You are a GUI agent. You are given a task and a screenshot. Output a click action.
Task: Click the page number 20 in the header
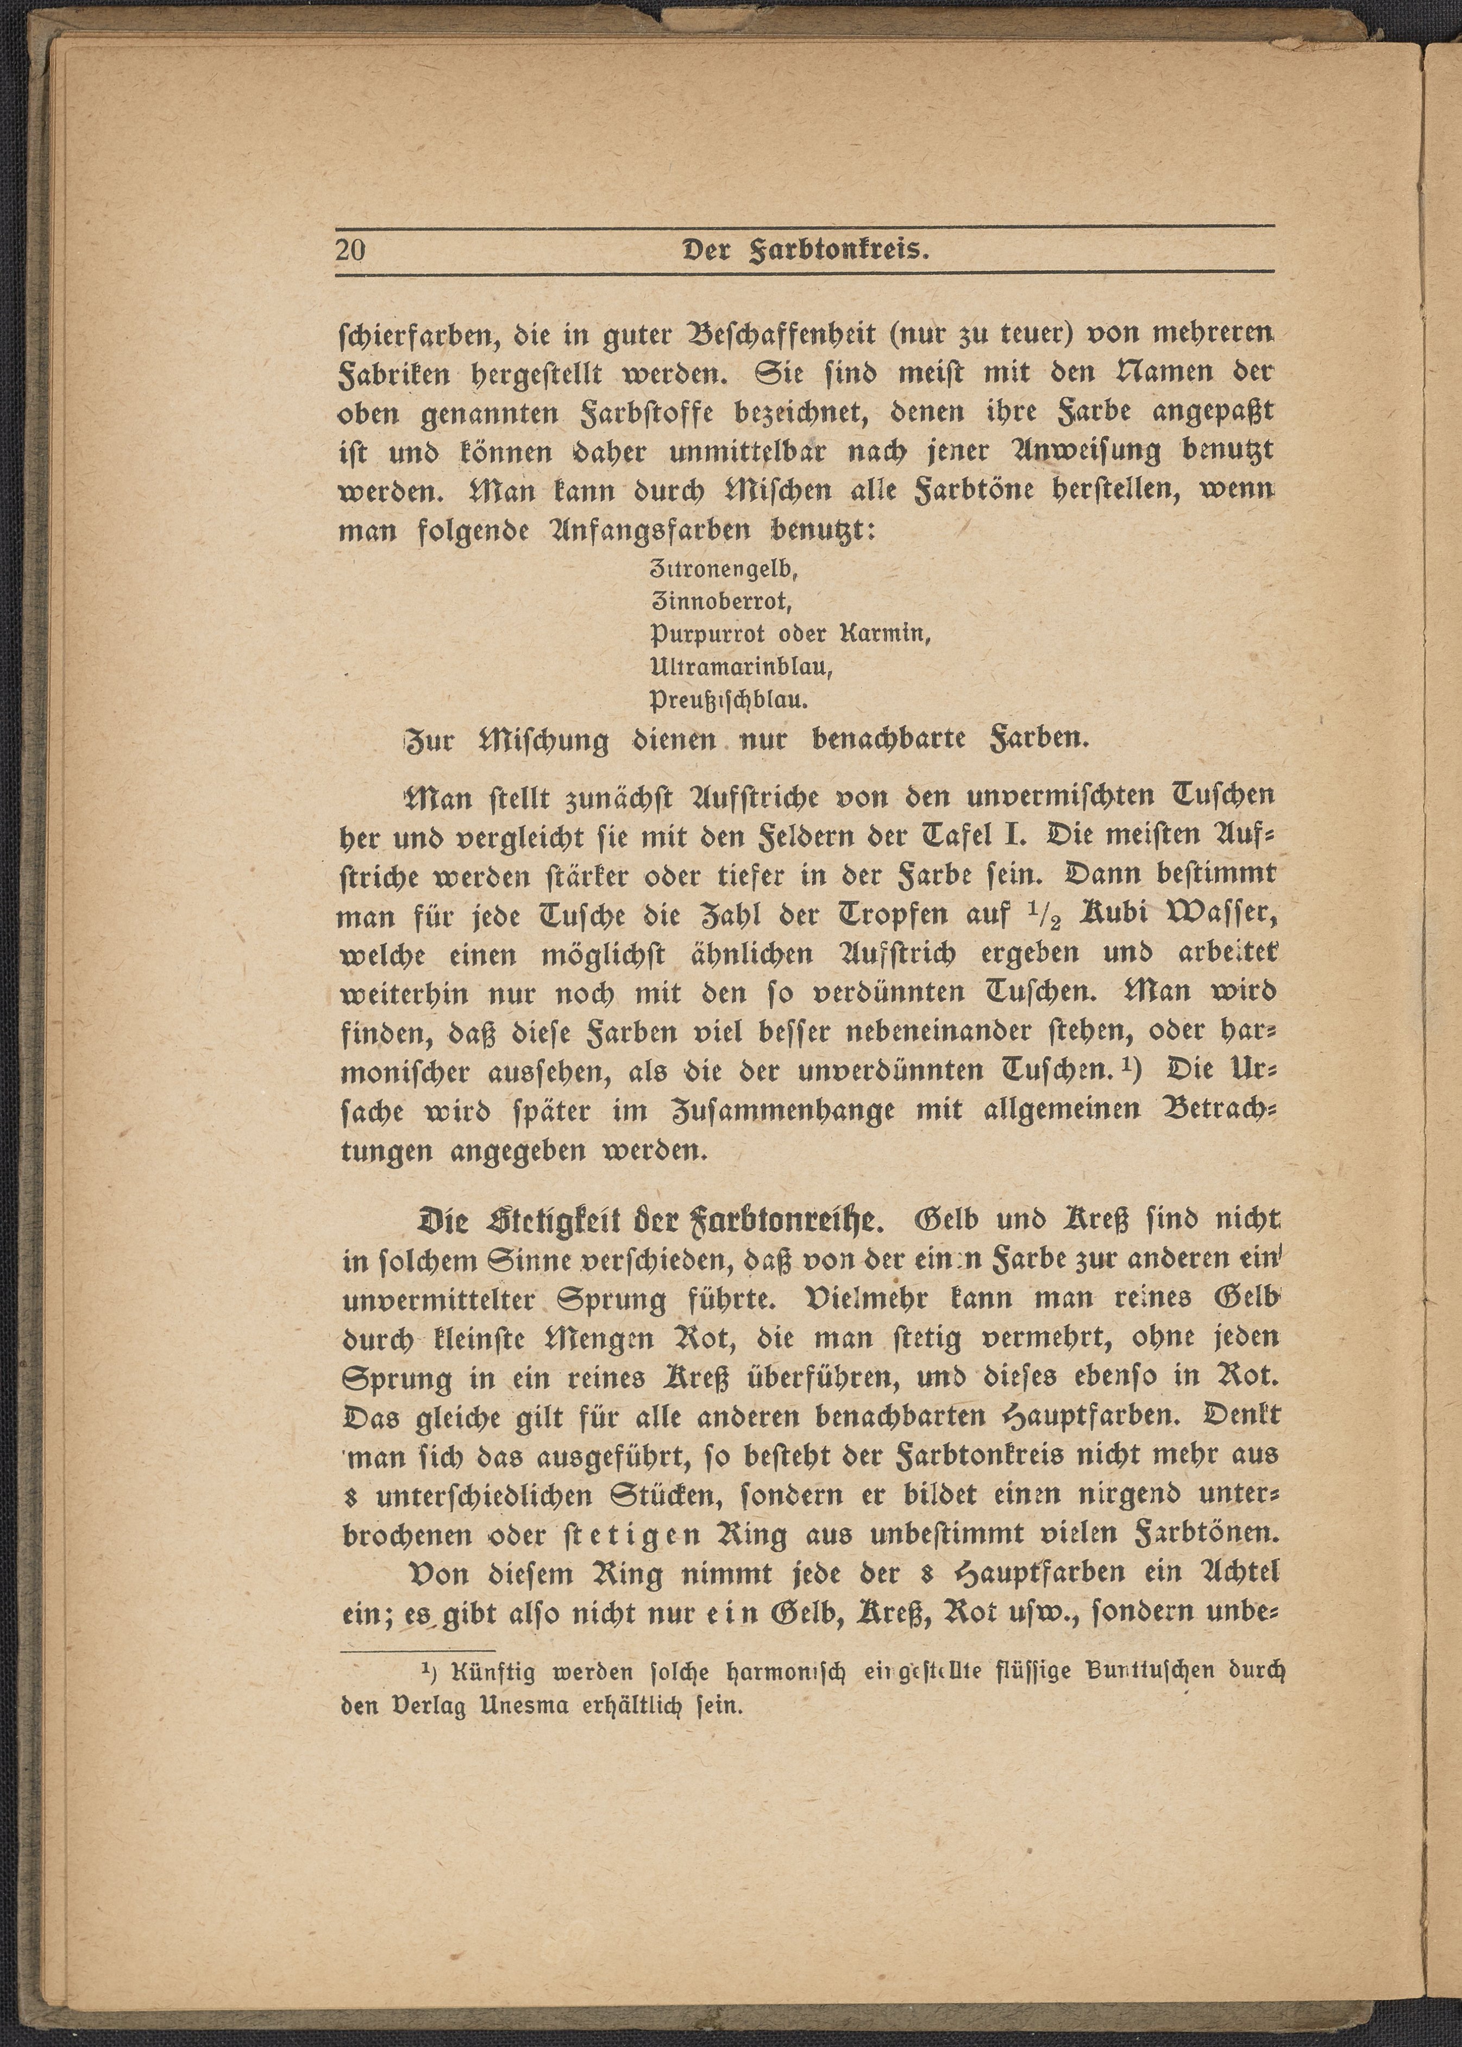tap(351, 249)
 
